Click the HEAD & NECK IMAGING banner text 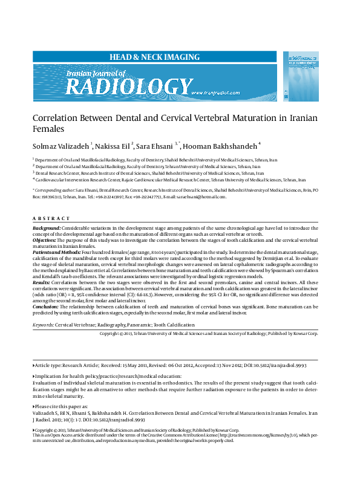point(154,57)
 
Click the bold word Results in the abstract point(41,282)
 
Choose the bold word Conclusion point(45,307)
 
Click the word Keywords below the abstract point(43,325)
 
